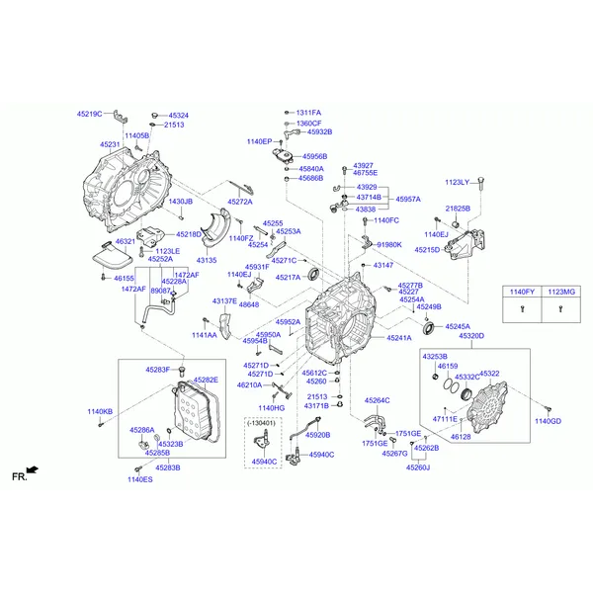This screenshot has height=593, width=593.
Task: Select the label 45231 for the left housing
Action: click(x=110, y=144)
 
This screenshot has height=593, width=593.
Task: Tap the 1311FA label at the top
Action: click(x=308, y=113)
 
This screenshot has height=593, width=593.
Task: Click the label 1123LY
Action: click(x=457, y=182)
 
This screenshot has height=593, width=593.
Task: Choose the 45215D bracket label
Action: click(x=427, y=250)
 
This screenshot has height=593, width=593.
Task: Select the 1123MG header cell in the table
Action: click(x=560, y=293)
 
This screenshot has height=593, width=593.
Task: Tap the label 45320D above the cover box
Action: click(x=472, y=337)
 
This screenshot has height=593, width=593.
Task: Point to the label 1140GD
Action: click(x=548, y=421)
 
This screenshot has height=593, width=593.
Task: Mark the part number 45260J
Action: click(x=418, y=467)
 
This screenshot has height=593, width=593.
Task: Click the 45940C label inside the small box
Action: click(x=264, y=462)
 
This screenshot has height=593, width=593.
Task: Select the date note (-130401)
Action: click(x=264, y=422)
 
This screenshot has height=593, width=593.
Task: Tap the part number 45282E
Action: click(x=206, y=380)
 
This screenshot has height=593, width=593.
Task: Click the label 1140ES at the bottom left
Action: click(x=139, y=479)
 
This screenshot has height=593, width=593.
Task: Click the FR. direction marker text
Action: click(x=18, y=476)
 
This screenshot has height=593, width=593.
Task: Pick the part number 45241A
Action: click(x=399, y=338)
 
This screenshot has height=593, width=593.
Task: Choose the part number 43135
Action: click(x=205, y=260)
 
